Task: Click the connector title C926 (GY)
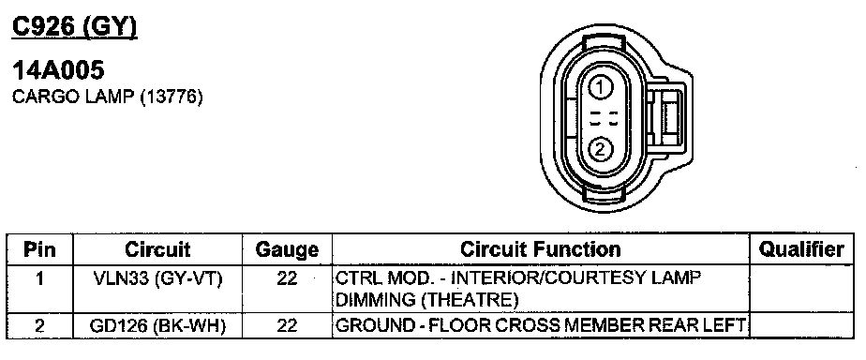[75, 27]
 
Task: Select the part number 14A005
[58, 70]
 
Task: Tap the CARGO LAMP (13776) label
[108, 97]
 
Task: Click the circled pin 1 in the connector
[602, 87]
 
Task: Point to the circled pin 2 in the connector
[602, 149]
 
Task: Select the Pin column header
[39, 249]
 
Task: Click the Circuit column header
[157, 249]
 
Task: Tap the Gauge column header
[287, 250]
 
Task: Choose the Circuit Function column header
[541, 249]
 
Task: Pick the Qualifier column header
[801, 249]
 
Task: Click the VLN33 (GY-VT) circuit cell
[158, 278]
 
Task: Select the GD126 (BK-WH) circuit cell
[158, 325]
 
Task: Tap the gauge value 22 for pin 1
[287, 278]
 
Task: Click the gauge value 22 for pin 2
[287, 325]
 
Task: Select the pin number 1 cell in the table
[39, 278]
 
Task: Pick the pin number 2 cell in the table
[39, 325]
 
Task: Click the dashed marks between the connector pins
[604, 119]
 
